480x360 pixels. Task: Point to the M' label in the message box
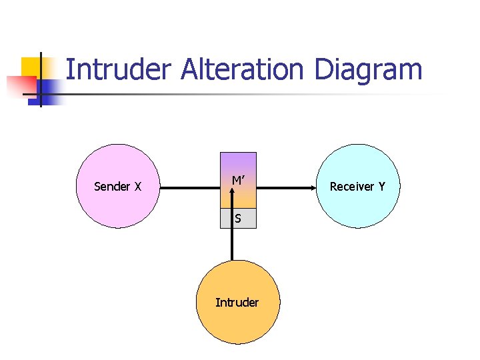(237, 181)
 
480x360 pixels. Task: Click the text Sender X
(117, 187)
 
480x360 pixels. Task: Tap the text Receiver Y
(357, 187)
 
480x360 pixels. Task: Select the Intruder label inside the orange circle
(237, 303)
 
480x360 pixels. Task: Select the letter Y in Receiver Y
(381, 187)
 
